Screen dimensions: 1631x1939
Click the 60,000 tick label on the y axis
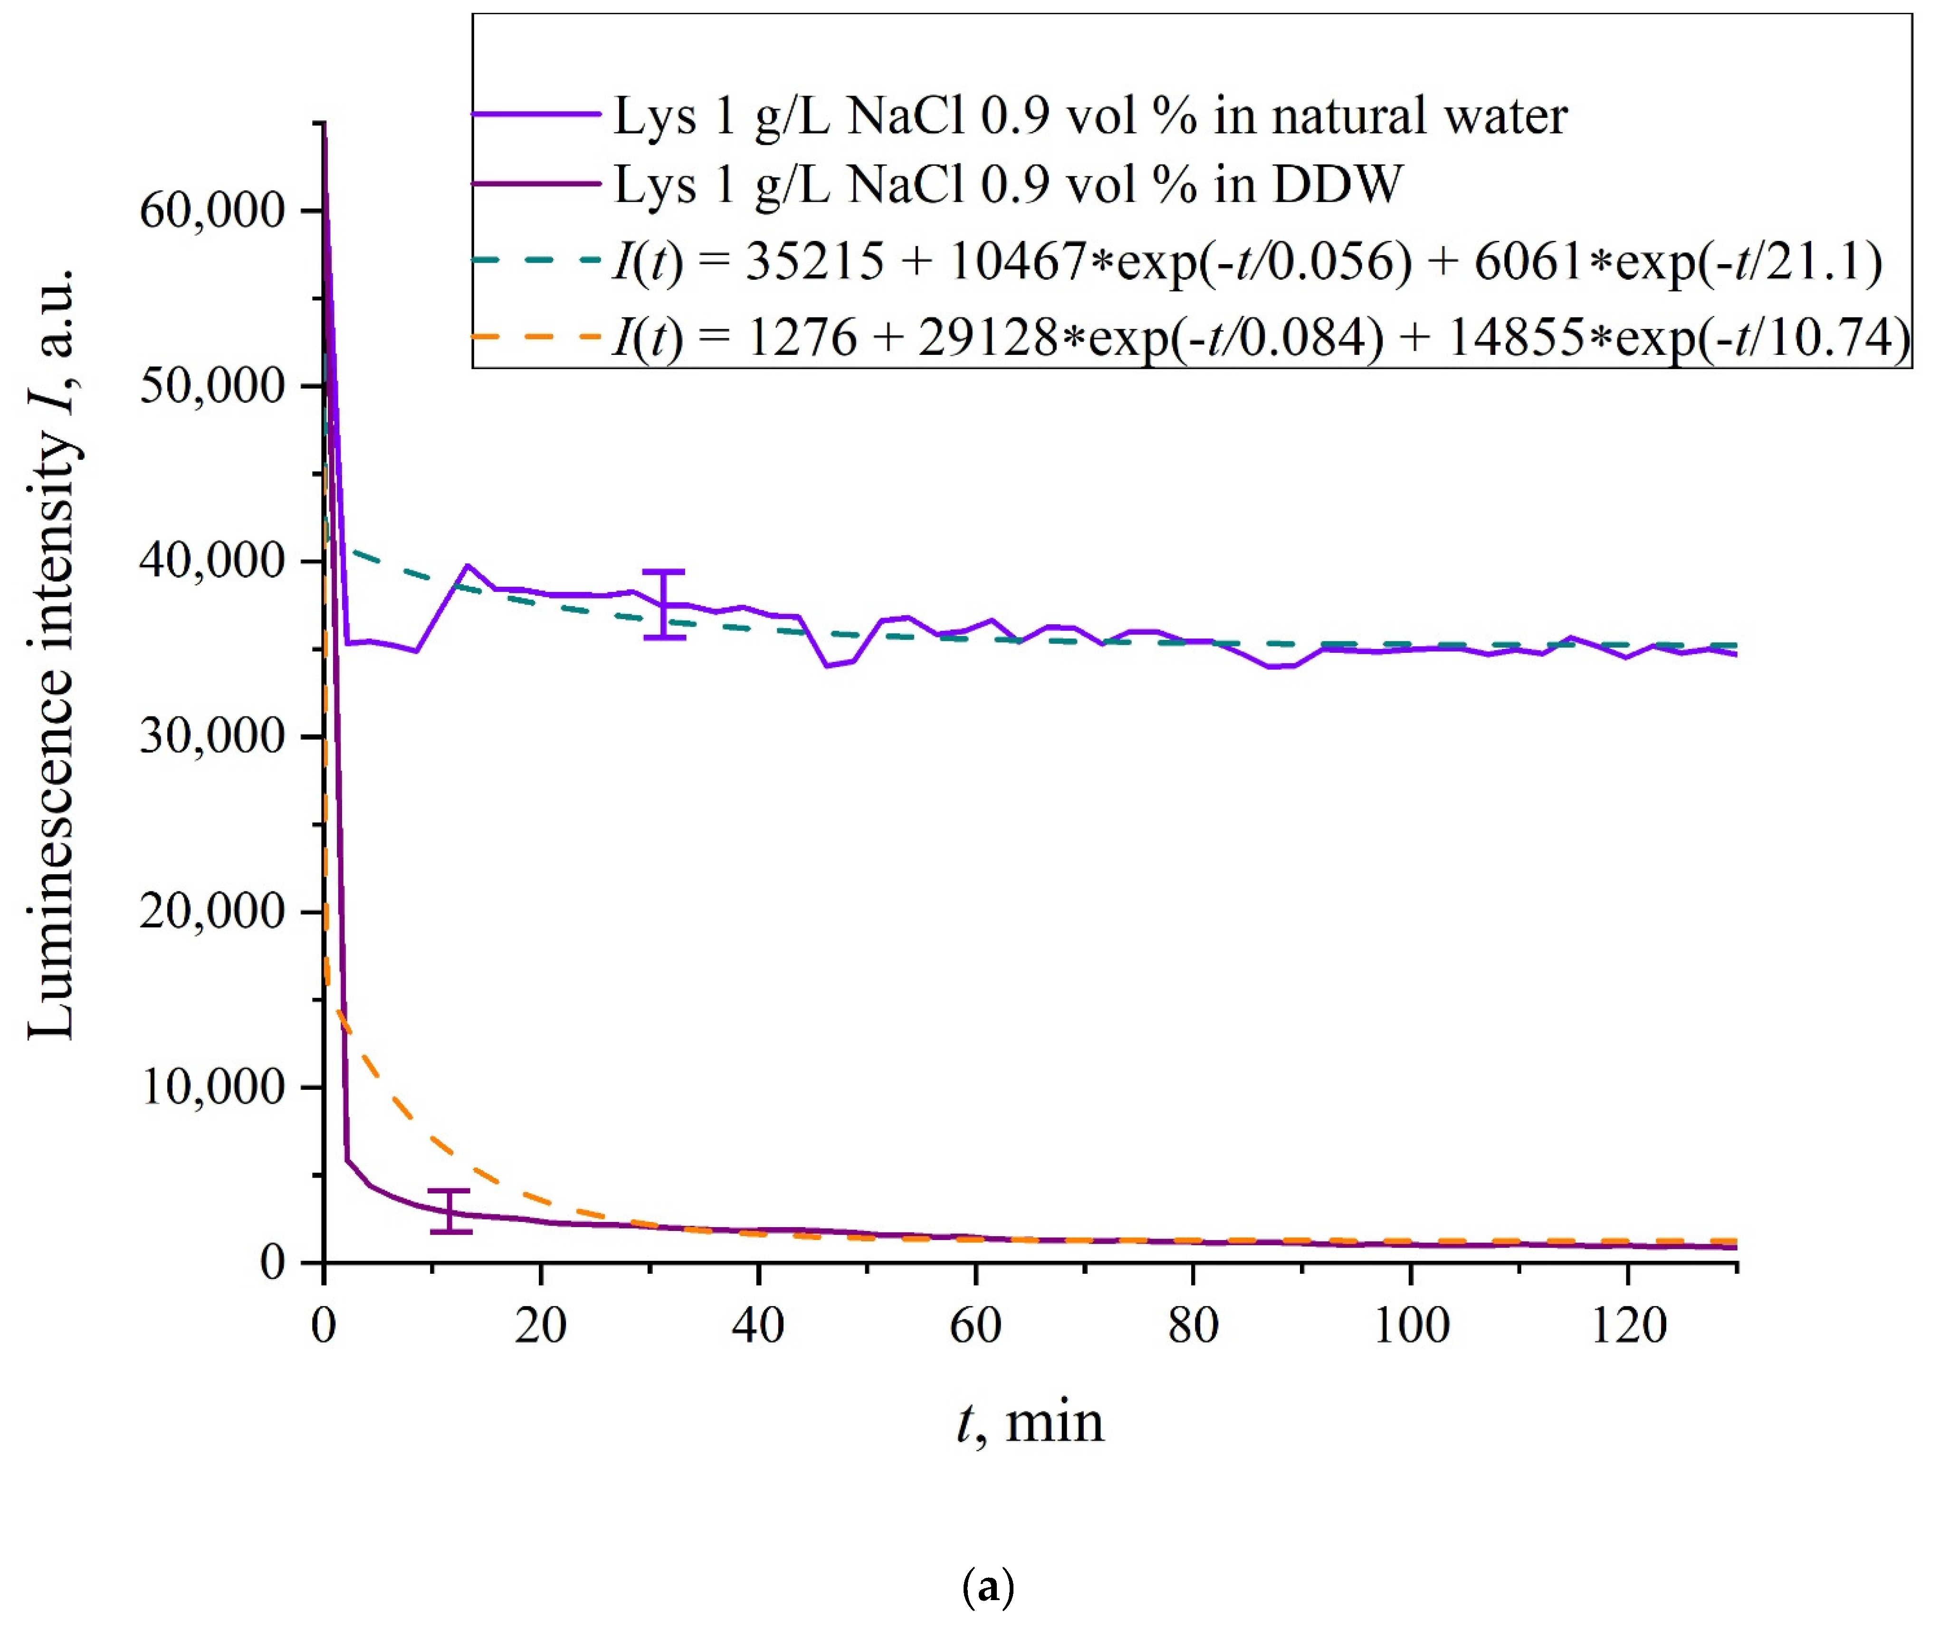(211, 211)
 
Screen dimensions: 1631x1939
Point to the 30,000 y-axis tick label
(211, 737)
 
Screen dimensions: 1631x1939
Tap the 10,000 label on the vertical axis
(211, 1087)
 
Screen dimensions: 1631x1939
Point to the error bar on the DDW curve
(450, 1211)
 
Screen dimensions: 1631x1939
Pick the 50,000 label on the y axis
(211, 386)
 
